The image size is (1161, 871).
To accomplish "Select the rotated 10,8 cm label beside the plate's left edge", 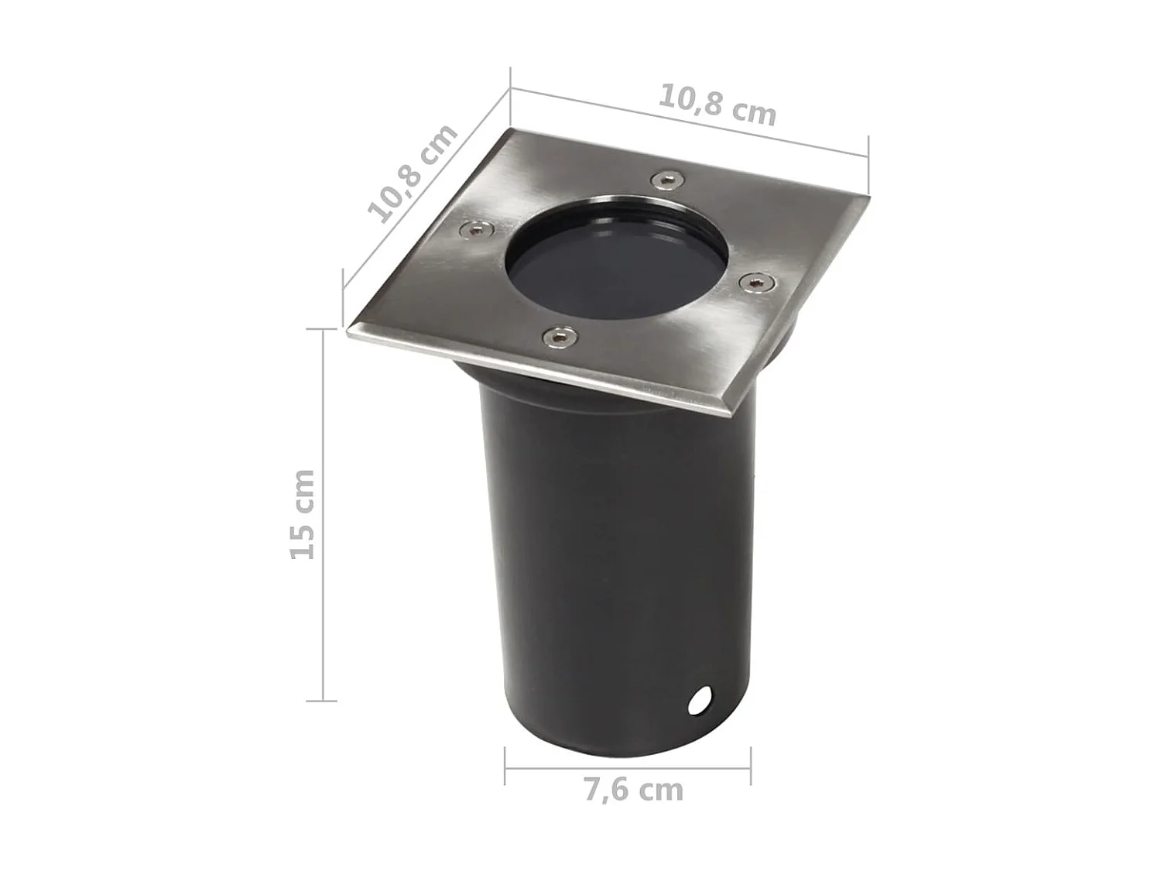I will click(x=413, y=173).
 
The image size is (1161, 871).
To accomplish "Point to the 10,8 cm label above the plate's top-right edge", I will click(x=717, y=105).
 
